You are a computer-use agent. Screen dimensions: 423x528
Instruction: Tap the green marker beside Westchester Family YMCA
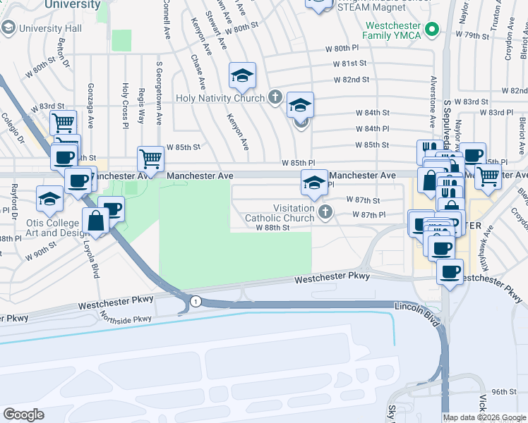(x=435, y=30)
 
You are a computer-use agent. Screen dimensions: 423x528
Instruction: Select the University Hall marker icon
(x=8, y=28)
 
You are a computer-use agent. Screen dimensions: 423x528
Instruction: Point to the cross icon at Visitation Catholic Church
(x=325, y=211)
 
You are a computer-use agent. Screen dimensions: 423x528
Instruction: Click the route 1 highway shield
(x=194, y=302)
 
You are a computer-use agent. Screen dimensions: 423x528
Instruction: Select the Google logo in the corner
(x=23, y=415)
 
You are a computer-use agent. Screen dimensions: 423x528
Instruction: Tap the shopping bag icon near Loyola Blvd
(x=95, y=221)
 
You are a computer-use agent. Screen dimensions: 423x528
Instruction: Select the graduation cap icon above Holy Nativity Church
(x=242, y=75)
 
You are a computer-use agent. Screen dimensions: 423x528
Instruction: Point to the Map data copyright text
(x=484, y=417)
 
